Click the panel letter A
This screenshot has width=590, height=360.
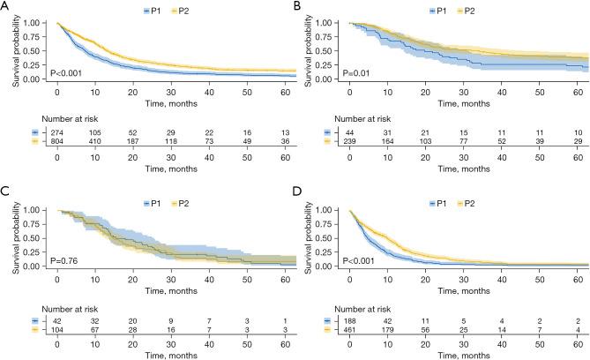pyautogui.click(x=7, y=8)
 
